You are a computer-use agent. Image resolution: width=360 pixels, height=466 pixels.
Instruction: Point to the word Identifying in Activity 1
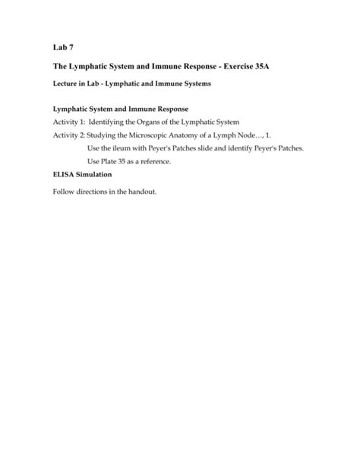click(109, 121)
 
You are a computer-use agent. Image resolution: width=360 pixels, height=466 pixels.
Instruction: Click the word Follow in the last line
click(64, 192)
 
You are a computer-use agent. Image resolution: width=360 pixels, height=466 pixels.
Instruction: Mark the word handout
click(141, 192)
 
